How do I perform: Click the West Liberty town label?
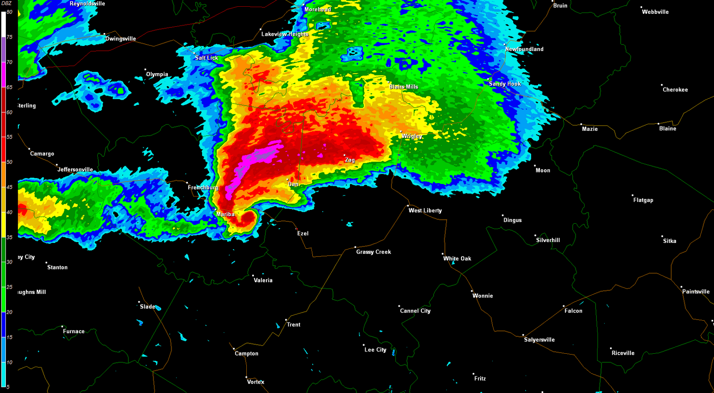coord(425,210)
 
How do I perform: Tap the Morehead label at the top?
coord(318,9)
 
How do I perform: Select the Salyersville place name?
coord(539,340)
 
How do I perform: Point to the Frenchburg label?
coord(203,188)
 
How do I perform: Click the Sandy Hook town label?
coord(505,84)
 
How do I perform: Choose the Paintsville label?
coord(696,292)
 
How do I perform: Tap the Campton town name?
coord(246,354)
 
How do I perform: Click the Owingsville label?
coord(120,39)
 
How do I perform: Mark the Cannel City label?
coord(415,311)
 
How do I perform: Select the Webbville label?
coord(655,12)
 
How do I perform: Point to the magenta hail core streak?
coord(257,161)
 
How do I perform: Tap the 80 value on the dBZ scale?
coord(9,12)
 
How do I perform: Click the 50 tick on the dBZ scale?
coord(9,162)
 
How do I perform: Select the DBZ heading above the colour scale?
coord(6,4)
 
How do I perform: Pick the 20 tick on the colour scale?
coord(9,312)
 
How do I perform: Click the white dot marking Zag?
coord(345,155)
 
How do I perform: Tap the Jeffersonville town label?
coord(75,170)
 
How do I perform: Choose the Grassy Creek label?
coord(374,252)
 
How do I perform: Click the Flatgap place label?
coord(643,200)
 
